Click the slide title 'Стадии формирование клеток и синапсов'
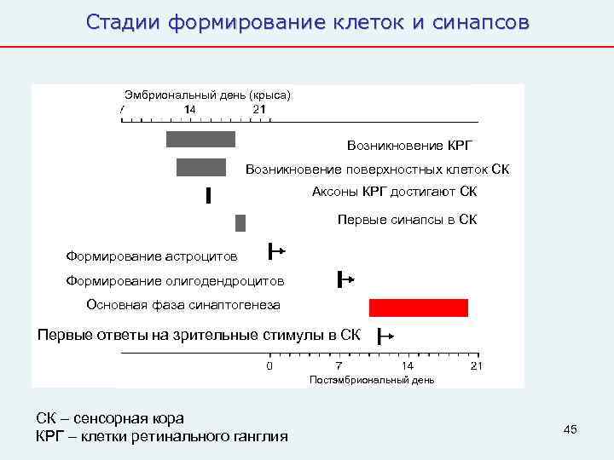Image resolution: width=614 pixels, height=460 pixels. (x=307, y=22)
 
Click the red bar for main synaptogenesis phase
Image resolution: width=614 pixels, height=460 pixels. (x=418, y=308)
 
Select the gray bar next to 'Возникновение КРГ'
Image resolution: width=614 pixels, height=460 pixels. (x=200, y=139)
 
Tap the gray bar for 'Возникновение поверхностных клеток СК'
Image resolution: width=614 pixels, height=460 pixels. (x=201, y=167)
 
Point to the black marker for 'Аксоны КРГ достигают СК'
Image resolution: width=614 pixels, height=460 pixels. (x=208, y=196)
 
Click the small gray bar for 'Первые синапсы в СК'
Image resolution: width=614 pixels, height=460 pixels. (x=240, y=223)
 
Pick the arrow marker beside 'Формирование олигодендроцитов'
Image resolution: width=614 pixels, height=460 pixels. (x=345, y=279)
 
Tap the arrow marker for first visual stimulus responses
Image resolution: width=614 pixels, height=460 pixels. (x=385, y=335)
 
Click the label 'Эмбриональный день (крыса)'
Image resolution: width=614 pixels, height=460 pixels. (x=207, y=95)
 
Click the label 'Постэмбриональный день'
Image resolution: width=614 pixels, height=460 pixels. (x=372, y=379)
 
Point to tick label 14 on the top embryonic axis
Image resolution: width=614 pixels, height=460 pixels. (x=189, y=109)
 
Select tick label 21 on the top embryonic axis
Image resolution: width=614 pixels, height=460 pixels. (x=259, y=109)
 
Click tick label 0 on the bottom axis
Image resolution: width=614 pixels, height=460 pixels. (x=269, y=366)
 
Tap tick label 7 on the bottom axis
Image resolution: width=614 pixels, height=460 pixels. (x=339, y=366)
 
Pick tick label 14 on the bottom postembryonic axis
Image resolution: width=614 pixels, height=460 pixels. (x=408, y=366)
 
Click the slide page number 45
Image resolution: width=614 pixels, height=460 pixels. (x=571, y=429)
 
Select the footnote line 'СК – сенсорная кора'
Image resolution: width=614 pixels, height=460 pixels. (x=109, y=418)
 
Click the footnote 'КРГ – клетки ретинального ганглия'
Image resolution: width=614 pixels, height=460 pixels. (x=161, y=436)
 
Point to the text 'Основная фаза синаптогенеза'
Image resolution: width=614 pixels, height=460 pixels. (x=182, y=305)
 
